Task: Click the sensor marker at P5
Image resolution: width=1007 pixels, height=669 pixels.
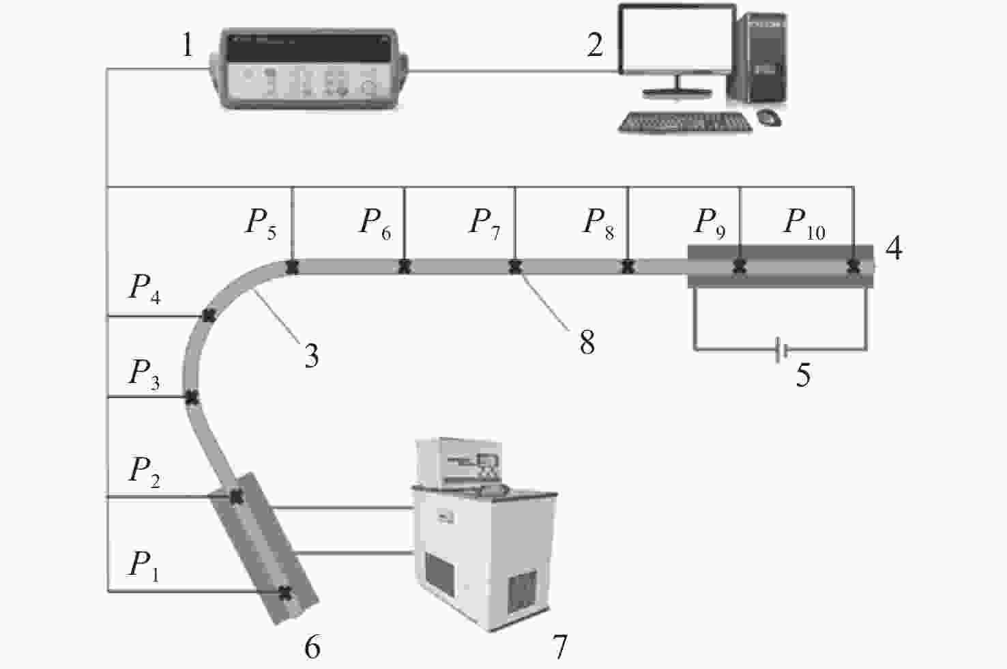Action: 292,267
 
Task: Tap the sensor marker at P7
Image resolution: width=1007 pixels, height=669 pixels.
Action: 515,267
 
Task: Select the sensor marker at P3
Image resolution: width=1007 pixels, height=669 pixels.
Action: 192,397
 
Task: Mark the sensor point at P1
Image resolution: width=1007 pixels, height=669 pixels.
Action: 284,593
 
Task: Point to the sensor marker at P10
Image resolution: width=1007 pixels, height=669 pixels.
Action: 853,267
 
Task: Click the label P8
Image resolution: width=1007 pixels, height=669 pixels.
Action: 598,224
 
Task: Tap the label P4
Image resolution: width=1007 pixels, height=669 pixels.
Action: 145,289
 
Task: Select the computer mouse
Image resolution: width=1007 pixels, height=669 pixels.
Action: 769,117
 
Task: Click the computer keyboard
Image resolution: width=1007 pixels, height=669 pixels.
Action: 685,122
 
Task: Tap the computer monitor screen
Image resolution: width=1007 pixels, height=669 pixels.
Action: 677,39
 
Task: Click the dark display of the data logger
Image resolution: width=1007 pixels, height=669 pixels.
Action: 309,48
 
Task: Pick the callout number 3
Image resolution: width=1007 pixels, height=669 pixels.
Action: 312,356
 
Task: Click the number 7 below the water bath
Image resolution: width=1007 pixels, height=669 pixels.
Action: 559,647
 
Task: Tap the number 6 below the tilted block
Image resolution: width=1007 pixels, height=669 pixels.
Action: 312,647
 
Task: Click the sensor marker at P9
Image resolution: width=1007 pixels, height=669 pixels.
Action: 740,267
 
